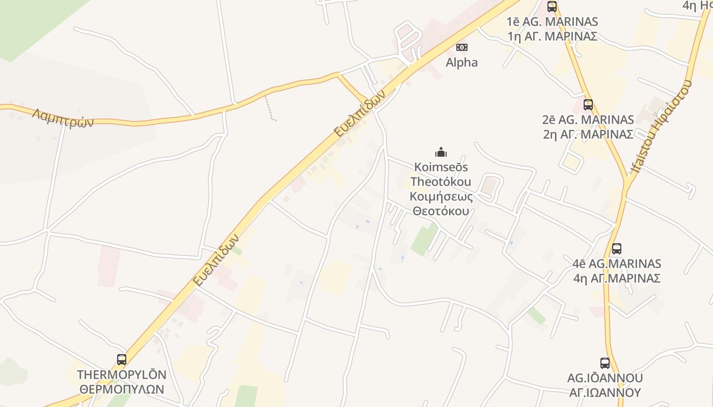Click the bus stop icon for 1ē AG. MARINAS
coord(552,7)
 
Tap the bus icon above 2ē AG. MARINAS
coord(588,105)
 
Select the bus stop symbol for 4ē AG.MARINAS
coord(617,249)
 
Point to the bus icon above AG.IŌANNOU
coord(605,363)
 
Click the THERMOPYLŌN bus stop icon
coord(122,360)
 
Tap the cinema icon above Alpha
coord(462,47)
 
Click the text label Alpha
coord(462,63)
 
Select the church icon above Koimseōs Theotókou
coord(441,152)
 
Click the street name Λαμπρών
coord(63,118)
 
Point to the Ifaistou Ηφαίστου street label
coord(661,132)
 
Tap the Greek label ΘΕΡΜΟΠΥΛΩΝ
coord(122,389)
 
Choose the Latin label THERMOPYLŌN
coord(122,375)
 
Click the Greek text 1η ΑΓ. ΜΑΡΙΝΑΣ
coord(553,36)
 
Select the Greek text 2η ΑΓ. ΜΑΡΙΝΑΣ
coord(588,134)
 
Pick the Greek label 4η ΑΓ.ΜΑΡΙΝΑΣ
coord(617,278)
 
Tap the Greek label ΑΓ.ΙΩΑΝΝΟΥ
coord(605,392)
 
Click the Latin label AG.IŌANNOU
coord(605,378)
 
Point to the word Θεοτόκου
coord(441,211)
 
